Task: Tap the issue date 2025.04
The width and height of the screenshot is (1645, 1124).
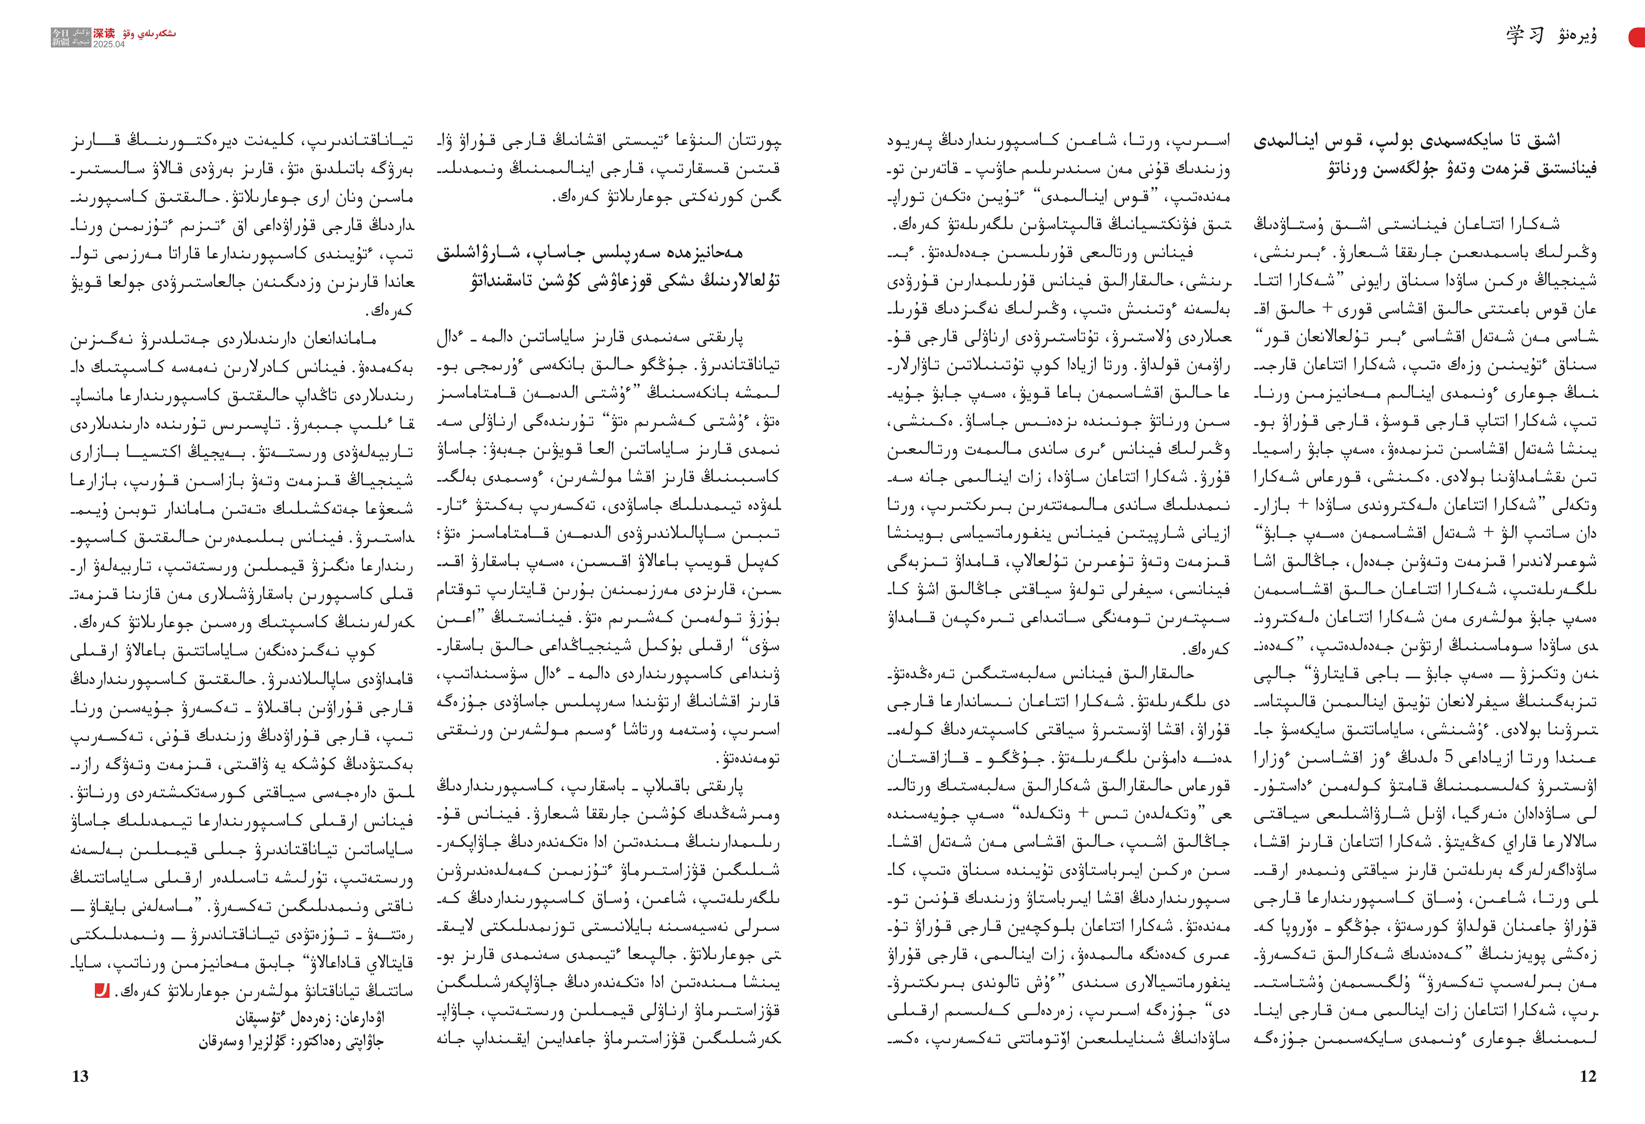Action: [108, 44]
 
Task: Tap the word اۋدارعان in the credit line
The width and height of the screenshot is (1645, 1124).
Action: [362, 1019]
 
